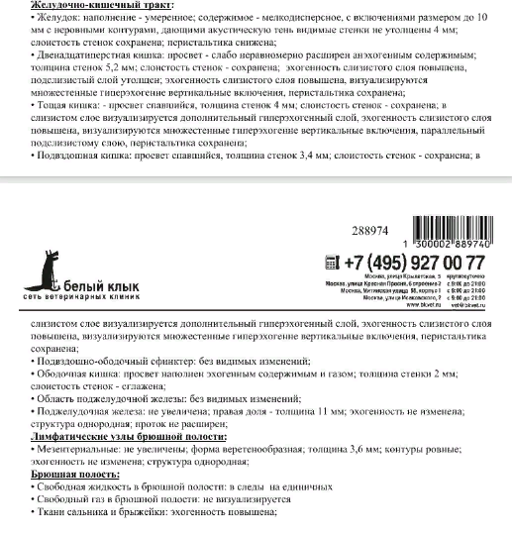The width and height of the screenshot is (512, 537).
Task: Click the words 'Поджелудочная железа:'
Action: pyautogui.click(x=69, y=410)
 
